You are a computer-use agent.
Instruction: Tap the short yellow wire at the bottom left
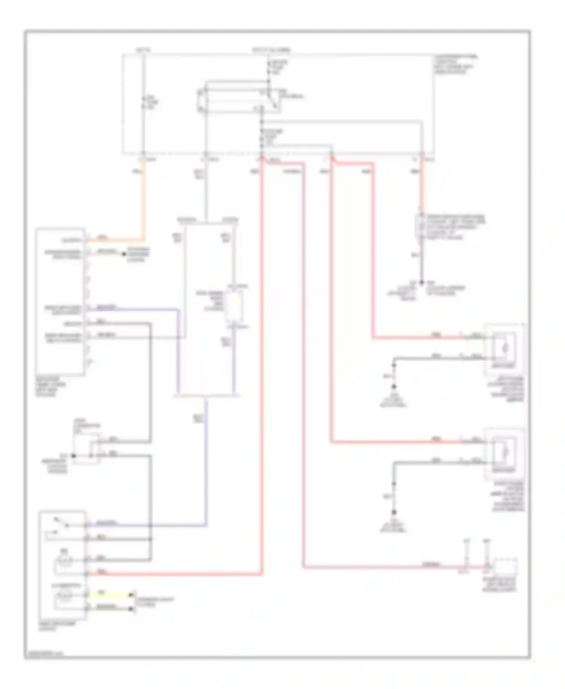pos(109,595)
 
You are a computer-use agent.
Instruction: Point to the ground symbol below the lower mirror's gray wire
pos(394,513)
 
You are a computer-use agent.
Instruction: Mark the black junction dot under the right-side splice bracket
pos(421,282)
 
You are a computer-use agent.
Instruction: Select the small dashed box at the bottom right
pos(505,567)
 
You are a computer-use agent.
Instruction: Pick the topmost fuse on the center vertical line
pos(269,67)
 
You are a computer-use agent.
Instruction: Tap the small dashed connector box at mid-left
pos(87,449)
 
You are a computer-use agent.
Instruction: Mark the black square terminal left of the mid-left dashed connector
pos(74,456)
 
